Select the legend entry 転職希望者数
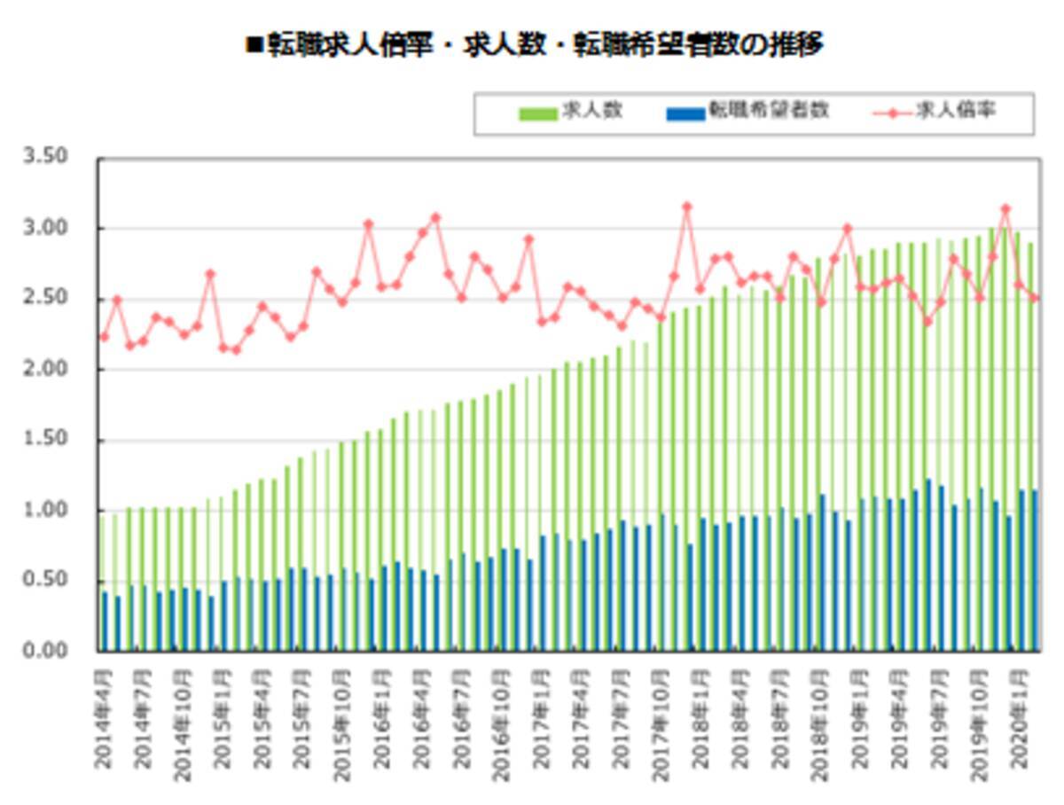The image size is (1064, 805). pos(768,111)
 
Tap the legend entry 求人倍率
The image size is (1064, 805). pos(962,111)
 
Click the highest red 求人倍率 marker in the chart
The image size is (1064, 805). pos(686,207)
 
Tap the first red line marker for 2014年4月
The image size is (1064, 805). pos(104,337)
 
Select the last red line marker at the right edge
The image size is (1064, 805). pos(1034,298)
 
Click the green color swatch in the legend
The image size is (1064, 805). pos(537,113)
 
